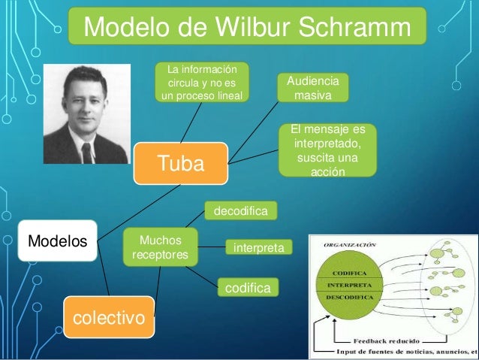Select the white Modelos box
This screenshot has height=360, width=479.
pos(57,241)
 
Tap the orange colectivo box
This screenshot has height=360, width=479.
pos(108,318)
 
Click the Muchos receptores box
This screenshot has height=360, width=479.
pos(161,249)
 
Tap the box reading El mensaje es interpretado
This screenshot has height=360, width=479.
pos(327,151)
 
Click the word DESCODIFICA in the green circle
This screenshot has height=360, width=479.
pos(350,298)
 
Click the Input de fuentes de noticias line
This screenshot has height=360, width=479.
pos(405,350)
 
